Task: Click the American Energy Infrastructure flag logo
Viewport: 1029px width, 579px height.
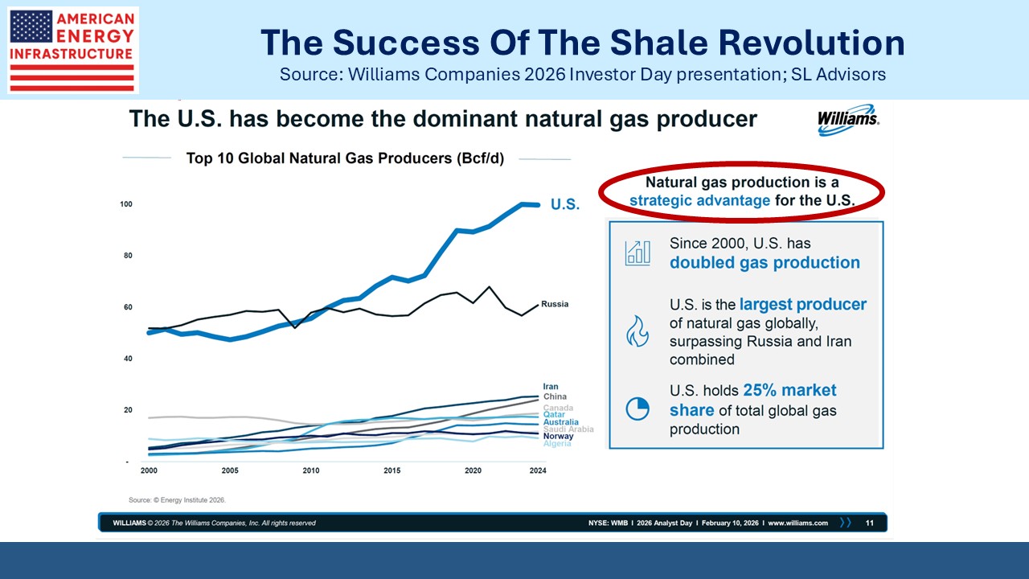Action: coord(72,50)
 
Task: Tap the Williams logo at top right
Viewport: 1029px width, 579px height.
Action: coord(848,119)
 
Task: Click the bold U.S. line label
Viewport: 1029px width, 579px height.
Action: coord(564,205)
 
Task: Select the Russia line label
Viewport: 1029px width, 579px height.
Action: coord(555,304)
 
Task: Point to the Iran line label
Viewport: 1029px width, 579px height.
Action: coord(551,387)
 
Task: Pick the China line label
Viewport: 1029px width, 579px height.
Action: coord(555,396)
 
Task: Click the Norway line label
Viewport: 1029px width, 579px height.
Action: coord(559,437)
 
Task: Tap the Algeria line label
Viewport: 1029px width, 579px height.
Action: coord(557,444)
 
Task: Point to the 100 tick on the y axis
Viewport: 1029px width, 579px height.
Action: coord(126,204)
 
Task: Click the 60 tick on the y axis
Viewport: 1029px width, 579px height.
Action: coord(127,307)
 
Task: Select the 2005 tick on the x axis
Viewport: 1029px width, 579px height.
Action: coord(229,470)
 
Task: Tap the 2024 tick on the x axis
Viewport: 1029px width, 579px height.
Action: coord(538,470)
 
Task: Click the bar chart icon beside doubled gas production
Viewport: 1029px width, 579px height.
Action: coord(637,252)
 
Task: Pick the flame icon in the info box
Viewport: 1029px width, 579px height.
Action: coord(637,331)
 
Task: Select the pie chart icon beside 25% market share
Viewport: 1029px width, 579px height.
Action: coord(637,409)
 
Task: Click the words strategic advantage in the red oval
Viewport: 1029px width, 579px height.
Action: coord(699,200)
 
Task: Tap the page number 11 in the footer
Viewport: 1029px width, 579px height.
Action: coord(870,523)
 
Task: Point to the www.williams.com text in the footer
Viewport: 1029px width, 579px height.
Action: coord(797,523)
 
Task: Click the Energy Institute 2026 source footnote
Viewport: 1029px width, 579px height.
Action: coord(178,499)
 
